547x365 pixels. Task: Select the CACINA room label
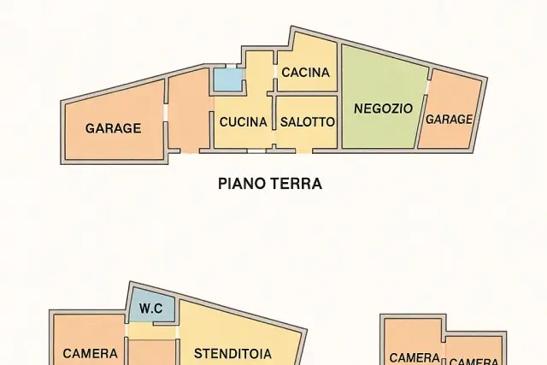(306, 73)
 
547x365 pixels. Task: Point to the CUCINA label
(244, 122)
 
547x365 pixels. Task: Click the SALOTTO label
(308, 122)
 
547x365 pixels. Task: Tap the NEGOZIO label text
(384, 109)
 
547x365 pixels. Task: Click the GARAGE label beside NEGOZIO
(449, 120)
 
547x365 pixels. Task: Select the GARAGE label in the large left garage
(114, 128)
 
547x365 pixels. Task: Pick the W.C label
(151, 309)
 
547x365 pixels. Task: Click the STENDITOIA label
(232, 354)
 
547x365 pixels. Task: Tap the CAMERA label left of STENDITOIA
(90, 354)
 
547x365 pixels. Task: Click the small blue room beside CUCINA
(228, 79)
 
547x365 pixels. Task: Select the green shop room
(384, 97)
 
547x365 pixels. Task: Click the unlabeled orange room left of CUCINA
(189, 112)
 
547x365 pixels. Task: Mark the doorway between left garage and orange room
(166, 112)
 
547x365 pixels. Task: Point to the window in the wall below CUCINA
(256, 151)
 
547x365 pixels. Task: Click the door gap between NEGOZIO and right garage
(427, 87)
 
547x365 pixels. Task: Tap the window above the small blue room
(232, 66)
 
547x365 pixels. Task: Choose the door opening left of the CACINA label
(275, 72)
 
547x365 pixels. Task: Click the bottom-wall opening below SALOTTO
(304, 151)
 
